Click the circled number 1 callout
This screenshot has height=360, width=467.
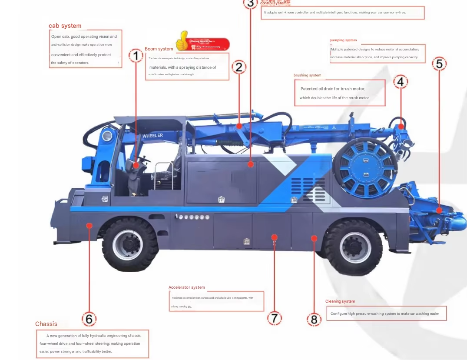click(136, 55)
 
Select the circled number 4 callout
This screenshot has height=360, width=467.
click(401, 81)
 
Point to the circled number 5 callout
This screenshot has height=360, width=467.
click(439, 63)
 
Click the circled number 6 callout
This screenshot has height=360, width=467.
click(89, 319)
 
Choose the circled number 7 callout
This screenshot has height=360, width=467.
click(274, 318)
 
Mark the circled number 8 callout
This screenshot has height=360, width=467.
click(314, 320)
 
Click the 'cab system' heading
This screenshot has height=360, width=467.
click(65, 26)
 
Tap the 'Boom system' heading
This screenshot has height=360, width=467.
click(159, 49)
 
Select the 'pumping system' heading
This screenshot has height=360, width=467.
click(343, 40)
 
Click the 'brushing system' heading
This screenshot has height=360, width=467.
click(307, 75)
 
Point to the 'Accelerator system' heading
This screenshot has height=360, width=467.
click(186, 287)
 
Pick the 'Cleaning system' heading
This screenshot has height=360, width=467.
click(340, 301)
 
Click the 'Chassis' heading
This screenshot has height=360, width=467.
click(46, 324)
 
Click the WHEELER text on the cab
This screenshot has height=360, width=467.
click(152, 136)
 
